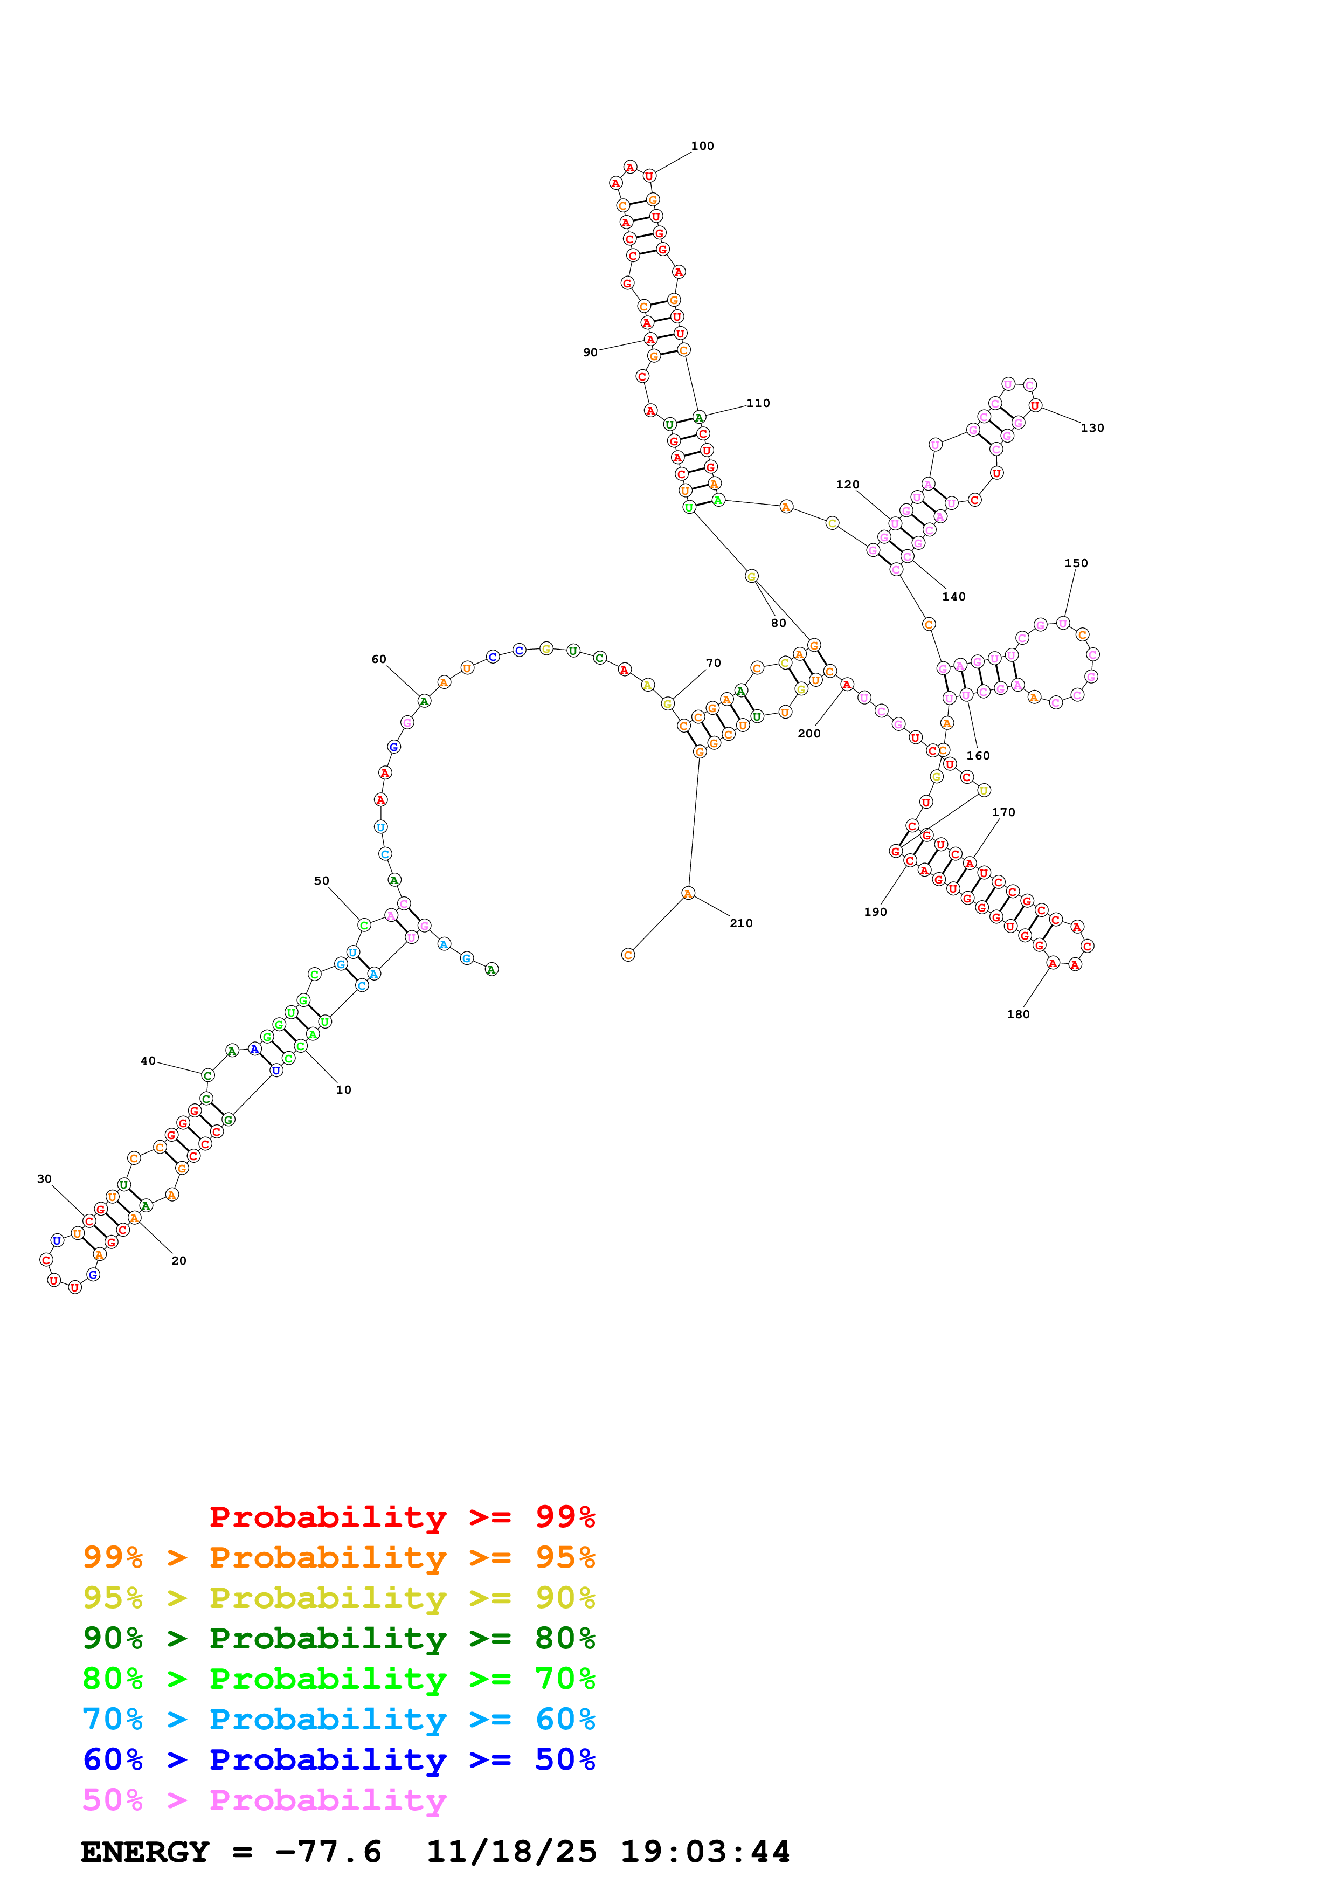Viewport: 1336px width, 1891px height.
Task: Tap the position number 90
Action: tap(590, 353)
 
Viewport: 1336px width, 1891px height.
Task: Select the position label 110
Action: tap(758, 403)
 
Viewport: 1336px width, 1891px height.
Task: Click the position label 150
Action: tap(1075, 563)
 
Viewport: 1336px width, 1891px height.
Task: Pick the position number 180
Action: tap(1017, 1014)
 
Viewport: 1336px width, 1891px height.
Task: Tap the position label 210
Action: tap(741, 923)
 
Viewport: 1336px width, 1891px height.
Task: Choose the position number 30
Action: tap(44, 1178)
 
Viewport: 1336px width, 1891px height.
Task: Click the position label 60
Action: tap(379, 659)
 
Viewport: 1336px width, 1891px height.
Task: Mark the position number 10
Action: tap(343, 1089)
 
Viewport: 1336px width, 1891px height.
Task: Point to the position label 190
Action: tap(875, 912)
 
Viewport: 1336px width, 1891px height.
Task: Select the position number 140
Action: tap(953, 596)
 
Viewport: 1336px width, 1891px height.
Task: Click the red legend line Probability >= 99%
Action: tap(402, 1517)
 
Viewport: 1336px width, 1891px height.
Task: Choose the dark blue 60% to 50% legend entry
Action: tap(338, 1759)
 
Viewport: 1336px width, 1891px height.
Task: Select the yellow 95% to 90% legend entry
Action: tap(338, 1598)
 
